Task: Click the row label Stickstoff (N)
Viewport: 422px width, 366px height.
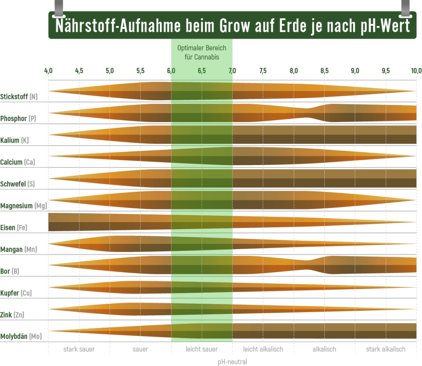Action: (x=19, y=97)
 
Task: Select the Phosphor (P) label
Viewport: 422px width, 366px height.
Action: (x=19, y=118)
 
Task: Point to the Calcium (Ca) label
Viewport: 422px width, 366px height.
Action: (x=18, y=162)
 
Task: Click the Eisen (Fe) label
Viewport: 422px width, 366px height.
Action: (x=14, y=227)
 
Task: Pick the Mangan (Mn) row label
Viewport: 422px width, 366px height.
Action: (x=19, y=249)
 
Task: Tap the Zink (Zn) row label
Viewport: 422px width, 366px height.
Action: (x=12, y=315)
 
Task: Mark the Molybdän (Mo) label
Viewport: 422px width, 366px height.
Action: (x=21, y=336)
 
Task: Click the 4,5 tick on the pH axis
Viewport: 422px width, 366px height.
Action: (x=79, y=71)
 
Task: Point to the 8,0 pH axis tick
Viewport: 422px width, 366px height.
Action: (x=294, y=71)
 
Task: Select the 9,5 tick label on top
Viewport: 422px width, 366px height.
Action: (x=386, y=71)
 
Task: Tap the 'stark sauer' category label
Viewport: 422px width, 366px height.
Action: (x=79, y=349)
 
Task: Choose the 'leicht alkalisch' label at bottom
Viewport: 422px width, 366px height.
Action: (x=263, y=349)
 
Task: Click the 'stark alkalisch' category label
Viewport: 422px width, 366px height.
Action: (x=386, y=349)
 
